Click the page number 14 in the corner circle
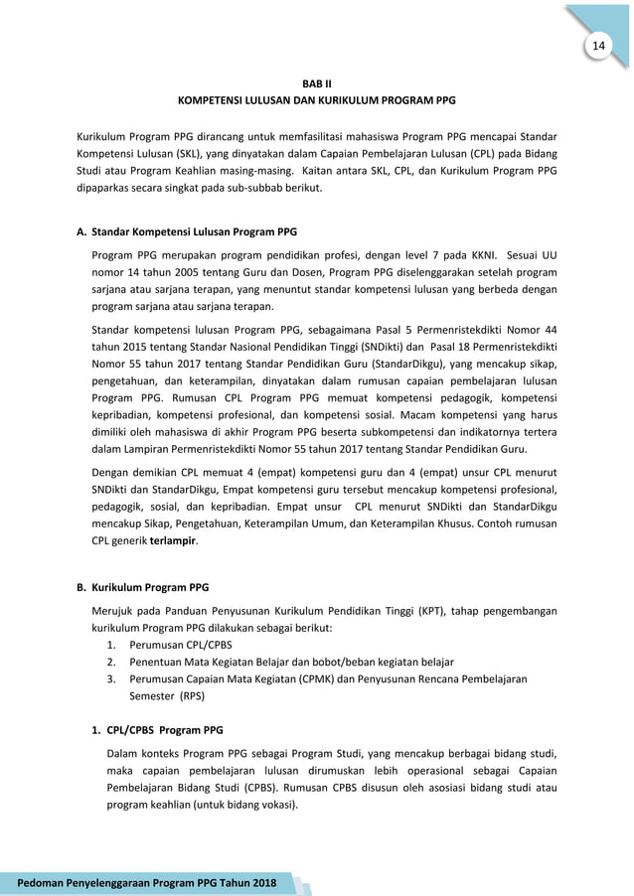tap(598, 47)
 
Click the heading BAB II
tap(316, 84)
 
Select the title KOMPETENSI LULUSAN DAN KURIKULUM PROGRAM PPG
tap(316, 101)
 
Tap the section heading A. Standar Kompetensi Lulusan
tap(186, 232)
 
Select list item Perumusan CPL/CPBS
tap(173, 645)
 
